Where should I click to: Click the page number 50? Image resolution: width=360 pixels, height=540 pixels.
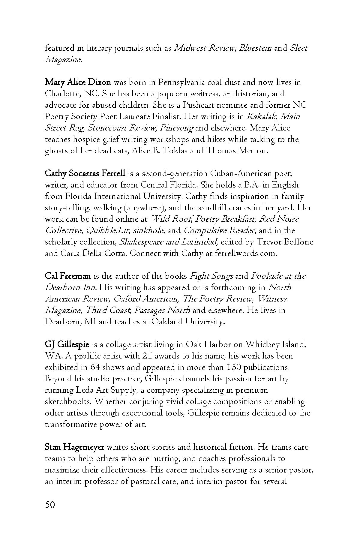click(50, 505)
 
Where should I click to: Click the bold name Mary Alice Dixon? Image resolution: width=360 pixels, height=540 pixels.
click(78, 82)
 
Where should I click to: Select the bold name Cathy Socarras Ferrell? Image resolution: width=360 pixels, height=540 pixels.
click(85, 173)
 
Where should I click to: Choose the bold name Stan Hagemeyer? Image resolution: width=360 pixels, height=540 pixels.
click(74, 447)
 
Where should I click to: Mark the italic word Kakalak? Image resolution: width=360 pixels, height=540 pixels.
click(261, 116)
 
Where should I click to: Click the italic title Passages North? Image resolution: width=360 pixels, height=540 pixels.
click(162, 310)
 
